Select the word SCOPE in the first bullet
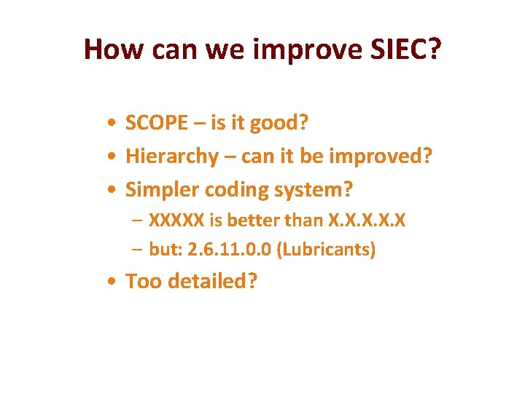pyautogui.click(x=156, y=124)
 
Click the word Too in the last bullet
pyautogui.click(x=144, y=281)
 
